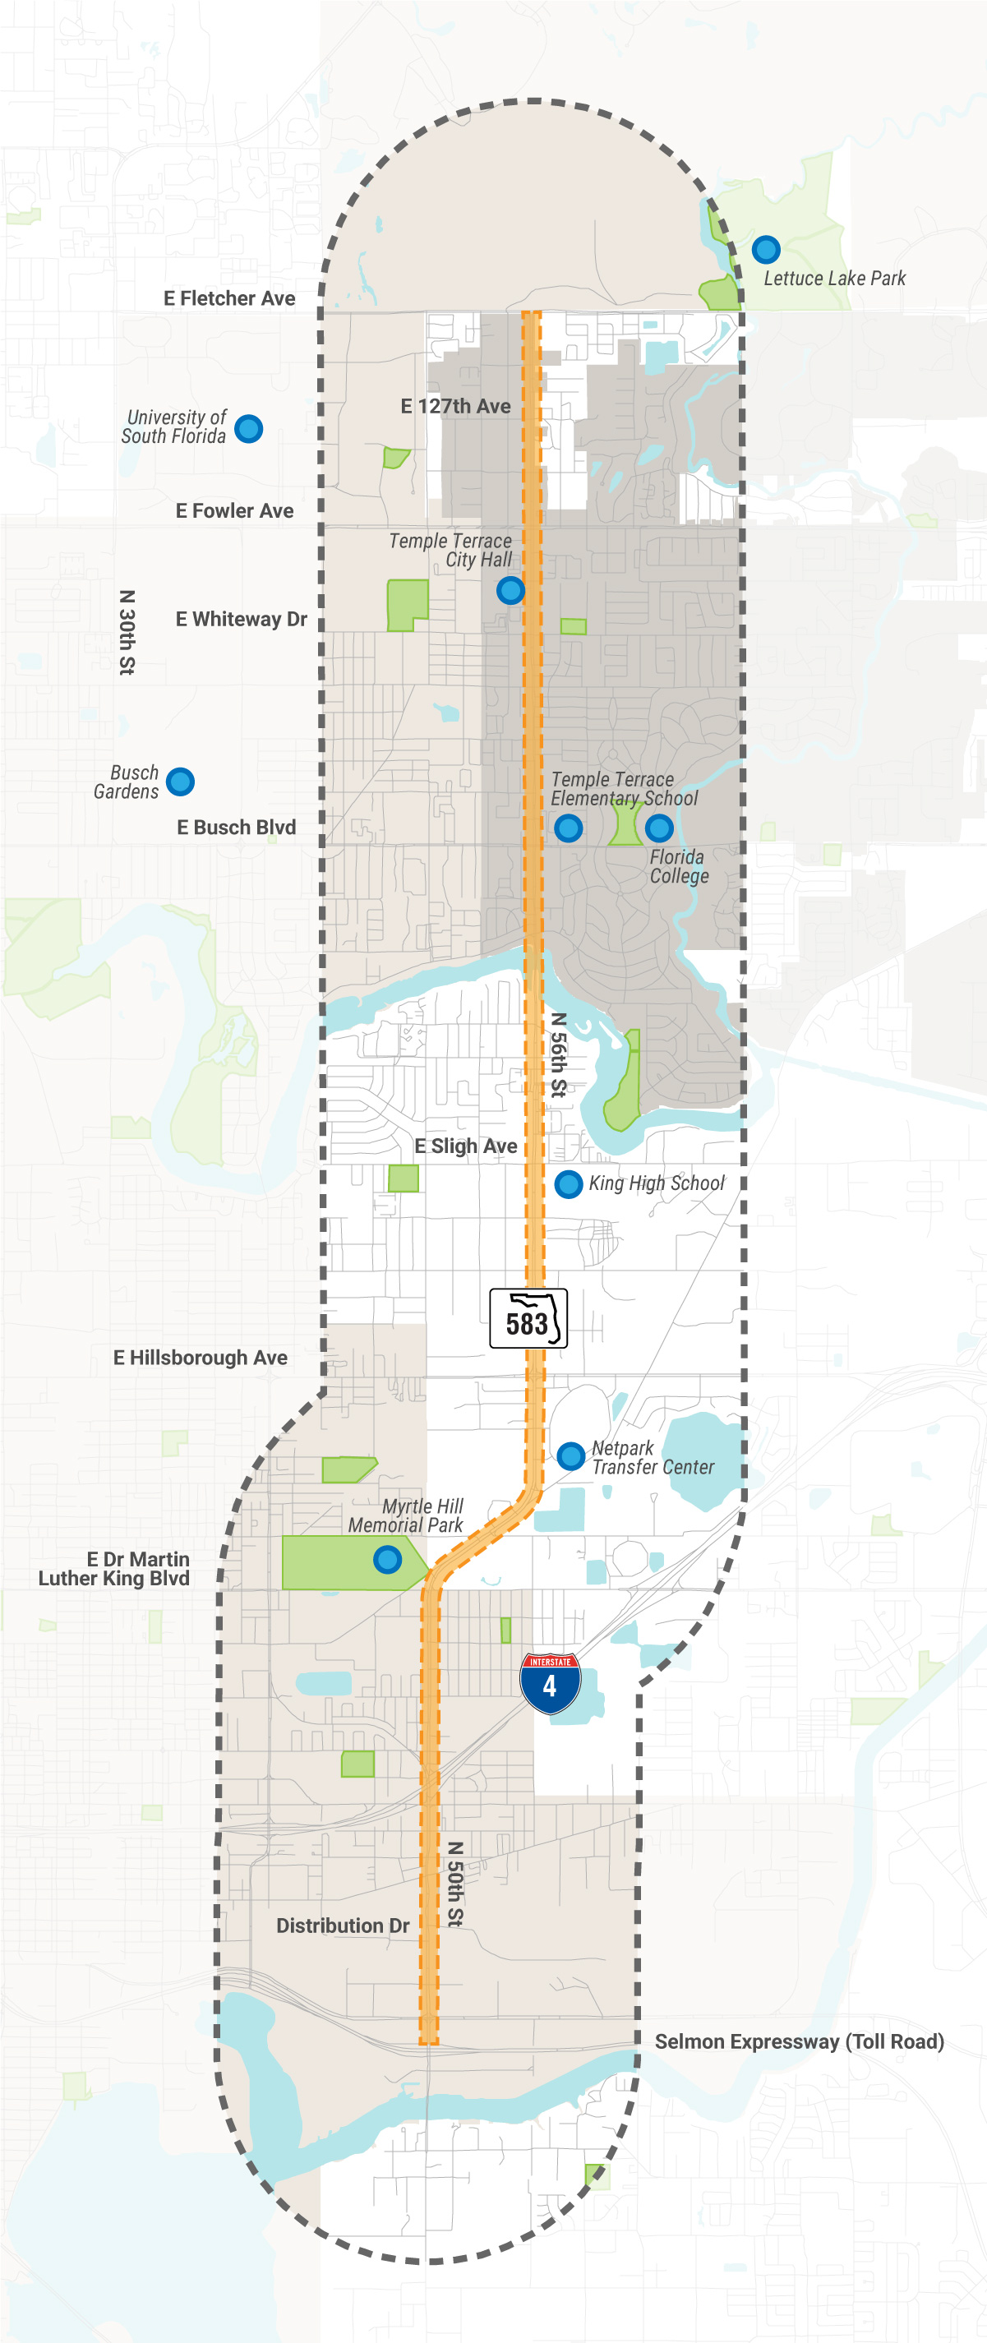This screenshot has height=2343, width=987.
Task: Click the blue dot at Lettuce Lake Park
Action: [x=766, y=248]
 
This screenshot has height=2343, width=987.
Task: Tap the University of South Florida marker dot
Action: [x=248, y=427]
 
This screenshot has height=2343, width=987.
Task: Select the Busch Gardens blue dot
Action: [x=180, y=781]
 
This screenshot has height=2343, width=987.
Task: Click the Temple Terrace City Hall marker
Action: [x=510, y=590]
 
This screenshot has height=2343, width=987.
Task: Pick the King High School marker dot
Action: [x=569, y=1183]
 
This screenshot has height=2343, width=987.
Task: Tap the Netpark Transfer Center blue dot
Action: [x=570, y=1455]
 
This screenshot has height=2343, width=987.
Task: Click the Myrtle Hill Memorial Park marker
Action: [x=388, y=1560]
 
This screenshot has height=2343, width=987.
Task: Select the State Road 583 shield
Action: [x=528, y=1318]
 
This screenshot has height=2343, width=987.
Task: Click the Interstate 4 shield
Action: [x=551, y=1684]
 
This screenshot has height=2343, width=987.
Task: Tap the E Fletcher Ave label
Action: [x=229, y=298]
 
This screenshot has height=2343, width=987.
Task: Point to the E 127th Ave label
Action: [x=456, y=406]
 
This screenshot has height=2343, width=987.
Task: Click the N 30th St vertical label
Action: [x=127, y=632]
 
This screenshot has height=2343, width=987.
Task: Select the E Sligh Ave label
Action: [x=466, y=1146]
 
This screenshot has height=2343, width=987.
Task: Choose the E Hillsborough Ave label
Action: [x=201, y=1357]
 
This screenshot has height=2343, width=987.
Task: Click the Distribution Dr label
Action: [x=343, y=1926]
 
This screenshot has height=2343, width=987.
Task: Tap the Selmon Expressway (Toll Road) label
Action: [x=799, y=2041]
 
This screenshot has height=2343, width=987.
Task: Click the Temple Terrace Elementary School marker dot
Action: [x=569, y=828]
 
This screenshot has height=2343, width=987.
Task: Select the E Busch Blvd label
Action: [x=237, y=827]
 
